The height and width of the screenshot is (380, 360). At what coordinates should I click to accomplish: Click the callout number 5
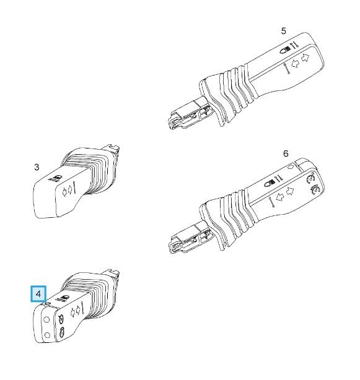coord(283,31)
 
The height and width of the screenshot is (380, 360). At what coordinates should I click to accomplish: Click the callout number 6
coord(286,153)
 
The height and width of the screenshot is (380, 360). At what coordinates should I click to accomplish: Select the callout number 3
coord(37,167)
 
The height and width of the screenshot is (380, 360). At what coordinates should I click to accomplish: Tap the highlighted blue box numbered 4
coord(38,294)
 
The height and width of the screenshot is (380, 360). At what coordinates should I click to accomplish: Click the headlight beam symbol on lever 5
coord(286,50)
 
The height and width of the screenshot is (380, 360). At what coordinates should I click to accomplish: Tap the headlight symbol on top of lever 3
coord(58,178)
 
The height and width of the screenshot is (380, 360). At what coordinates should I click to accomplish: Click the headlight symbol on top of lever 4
coord(64,298)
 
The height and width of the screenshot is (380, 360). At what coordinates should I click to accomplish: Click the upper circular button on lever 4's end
coord(46,319)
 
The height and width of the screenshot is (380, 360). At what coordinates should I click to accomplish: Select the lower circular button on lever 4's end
coord(47,335)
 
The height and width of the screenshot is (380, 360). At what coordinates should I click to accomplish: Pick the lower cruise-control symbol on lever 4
coord(62,331)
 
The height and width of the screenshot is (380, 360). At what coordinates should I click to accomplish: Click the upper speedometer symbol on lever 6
coord(310,178)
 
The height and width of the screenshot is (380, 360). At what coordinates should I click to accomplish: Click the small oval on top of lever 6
coord(291,166)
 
